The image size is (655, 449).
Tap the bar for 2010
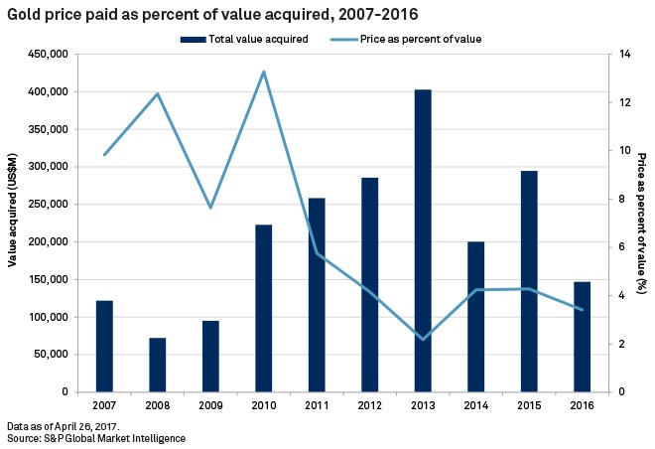point(263,308)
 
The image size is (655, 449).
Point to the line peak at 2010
point(263,72)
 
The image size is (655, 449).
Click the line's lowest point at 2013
point(423,340)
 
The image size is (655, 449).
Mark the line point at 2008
point(157,93)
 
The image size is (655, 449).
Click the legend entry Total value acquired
point(243,38)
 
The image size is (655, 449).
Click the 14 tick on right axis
point(621,55)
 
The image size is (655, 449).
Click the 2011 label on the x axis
point(316,405)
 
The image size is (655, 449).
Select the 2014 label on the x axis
point(475,405)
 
